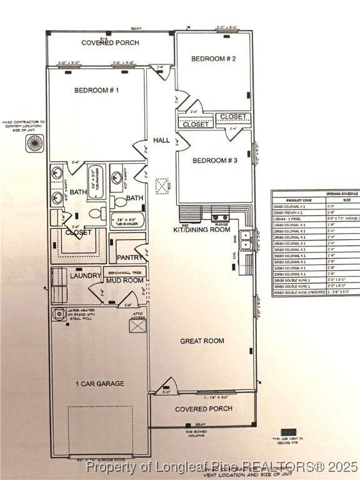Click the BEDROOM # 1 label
pyautogui.click(x=96, y=90)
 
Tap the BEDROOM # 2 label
pyautogui.click(x=213, y=59)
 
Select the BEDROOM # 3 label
pyautogui.click(x=214, y=161)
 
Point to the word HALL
pyautogui.click(x=161, y=141)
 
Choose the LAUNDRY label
pyautogui.click(x=86, y=276)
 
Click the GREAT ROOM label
pyautogui.click(x=202, y=341)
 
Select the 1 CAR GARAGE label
pyautogui.click(x=100, y=383)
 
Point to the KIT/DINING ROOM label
pyautogui.click(x=202, y=229)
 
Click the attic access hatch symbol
pyautogui.click(x=137, y=324)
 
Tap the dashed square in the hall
pyautogui.click(x=162, y=186)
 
